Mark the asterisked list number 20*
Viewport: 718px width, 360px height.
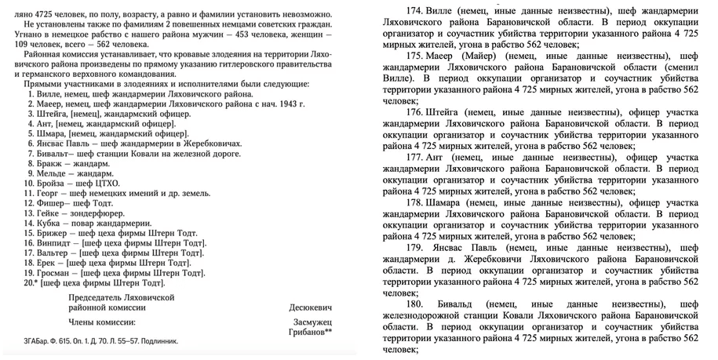click(x=30, y=283)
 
